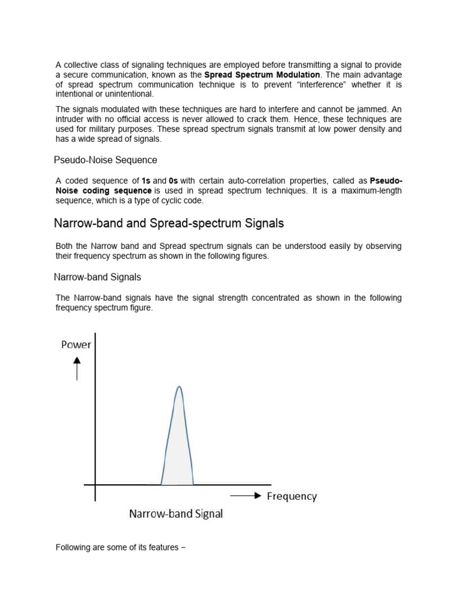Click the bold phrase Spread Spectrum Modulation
pyautogui.click(x=262, y=74)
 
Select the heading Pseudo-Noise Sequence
pyautogui.click(x=106, y=160)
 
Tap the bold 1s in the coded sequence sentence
pyautogui.click(x=146, y=180)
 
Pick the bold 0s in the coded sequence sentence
pyautogui.click(x=174, y=180)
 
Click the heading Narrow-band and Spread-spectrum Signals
pyautogui.click(x=169, y=223)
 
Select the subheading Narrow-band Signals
pyautogui.click(x=97, y=277)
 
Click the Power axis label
pyautogui.click(x=76, y=344)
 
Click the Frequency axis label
pyautogui.click(x=292, y=496)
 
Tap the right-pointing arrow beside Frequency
pyautogui.click(x=245, y=496)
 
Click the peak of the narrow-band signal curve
pyautogui.click(x=178, y=387)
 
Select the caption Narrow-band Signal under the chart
pyautogui.click(x=176, y=514)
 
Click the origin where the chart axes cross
pyautogui.click(x=95, y=484)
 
